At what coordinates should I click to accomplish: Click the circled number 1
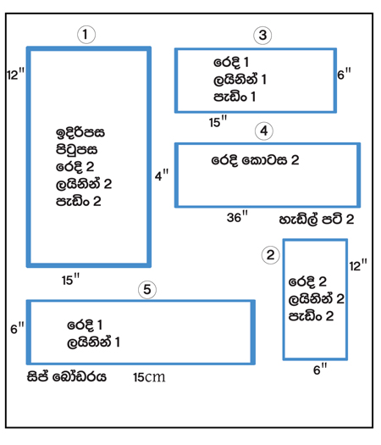86,35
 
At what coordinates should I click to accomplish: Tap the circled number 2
270,255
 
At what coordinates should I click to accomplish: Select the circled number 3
262,36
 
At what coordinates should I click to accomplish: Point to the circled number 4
264,131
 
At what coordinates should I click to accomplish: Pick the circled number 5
147,290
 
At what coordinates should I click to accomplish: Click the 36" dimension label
237,216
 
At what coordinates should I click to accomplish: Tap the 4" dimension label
162,175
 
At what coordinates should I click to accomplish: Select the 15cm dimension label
149,377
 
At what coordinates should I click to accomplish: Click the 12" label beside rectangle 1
16,74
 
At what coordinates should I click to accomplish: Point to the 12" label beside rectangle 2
358,265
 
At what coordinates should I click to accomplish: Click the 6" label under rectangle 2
320,369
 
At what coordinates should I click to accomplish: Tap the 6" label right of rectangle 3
344,74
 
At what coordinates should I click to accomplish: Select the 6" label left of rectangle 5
17,328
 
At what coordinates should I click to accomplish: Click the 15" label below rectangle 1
70,280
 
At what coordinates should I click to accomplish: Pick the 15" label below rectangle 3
218,121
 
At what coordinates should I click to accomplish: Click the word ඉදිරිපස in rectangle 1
80,133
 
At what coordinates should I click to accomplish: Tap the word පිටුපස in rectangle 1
76,150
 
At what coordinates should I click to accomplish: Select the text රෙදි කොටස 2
255,161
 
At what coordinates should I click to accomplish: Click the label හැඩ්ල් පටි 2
317,220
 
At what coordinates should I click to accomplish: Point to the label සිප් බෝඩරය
67,376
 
